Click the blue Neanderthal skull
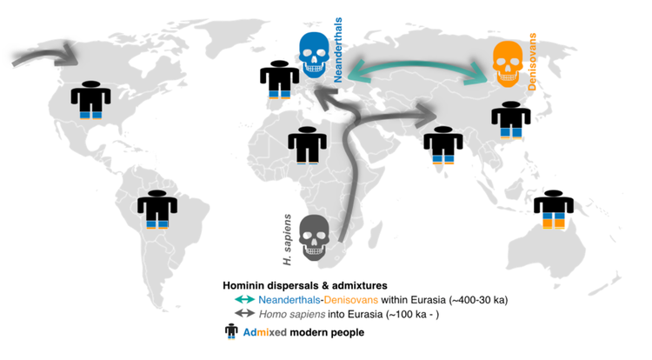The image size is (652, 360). pos(315,53)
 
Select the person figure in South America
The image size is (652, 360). pos(157,209)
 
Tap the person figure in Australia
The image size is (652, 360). pos(553,210)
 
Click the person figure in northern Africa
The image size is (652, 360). pos(305,144)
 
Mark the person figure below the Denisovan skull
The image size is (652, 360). pos(510,119)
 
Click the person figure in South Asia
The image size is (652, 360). pos(443,144)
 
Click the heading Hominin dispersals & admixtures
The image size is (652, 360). pos(304,285)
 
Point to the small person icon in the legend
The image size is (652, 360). pos(231,331)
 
